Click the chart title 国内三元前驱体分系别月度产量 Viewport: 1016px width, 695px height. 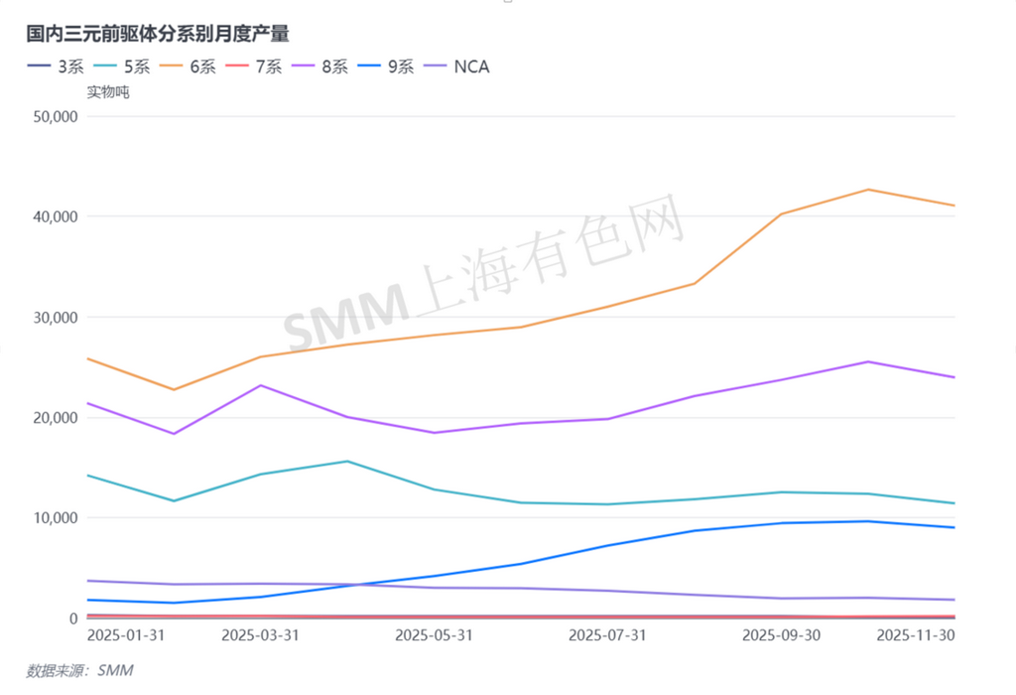[158, 34]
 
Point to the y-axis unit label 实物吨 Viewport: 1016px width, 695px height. [108, 92]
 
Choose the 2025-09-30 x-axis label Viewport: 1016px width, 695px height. [783, 634]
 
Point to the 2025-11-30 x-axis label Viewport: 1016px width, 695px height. [915, 634]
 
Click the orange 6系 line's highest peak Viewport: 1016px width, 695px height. [869, 190]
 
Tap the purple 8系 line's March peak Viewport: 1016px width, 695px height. [261, 385]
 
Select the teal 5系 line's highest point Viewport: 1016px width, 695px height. [347, 461]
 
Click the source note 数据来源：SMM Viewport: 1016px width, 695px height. [79, 671]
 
